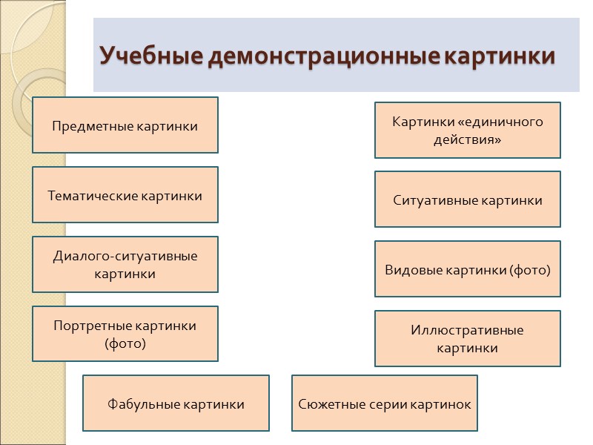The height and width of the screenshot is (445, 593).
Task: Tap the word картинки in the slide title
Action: [x=500, y=56]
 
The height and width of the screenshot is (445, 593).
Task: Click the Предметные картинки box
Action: [x=125, y=125]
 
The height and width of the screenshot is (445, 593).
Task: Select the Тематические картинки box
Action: [x=125, y=195]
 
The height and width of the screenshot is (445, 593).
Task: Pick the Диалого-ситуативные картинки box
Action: [x=125, y=265]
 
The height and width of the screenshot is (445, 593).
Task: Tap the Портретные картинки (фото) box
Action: [x=125, y=334]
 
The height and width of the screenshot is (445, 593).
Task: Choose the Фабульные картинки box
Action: [x=176, y=403]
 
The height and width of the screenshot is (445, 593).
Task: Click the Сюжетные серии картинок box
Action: [x=385, y=403]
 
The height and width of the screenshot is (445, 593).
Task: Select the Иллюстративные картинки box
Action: [x=467, y=339]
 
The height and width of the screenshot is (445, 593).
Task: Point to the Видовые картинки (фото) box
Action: [x=467, y=269]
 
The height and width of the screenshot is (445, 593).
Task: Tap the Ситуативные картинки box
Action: [x=467, y=200]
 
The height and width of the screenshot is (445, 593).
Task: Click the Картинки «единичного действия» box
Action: [x=467, y=130]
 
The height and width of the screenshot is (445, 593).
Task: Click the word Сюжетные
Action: [x=329, y=404]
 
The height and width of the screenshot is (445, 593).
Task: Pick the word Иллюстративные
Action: [x=467, y=330]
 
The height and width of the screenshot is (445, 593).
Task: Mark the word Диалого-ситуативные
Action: [x=125, y=257]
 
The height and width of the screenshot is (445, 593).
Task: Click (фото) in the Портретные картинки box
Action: [x=125, y=343]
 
